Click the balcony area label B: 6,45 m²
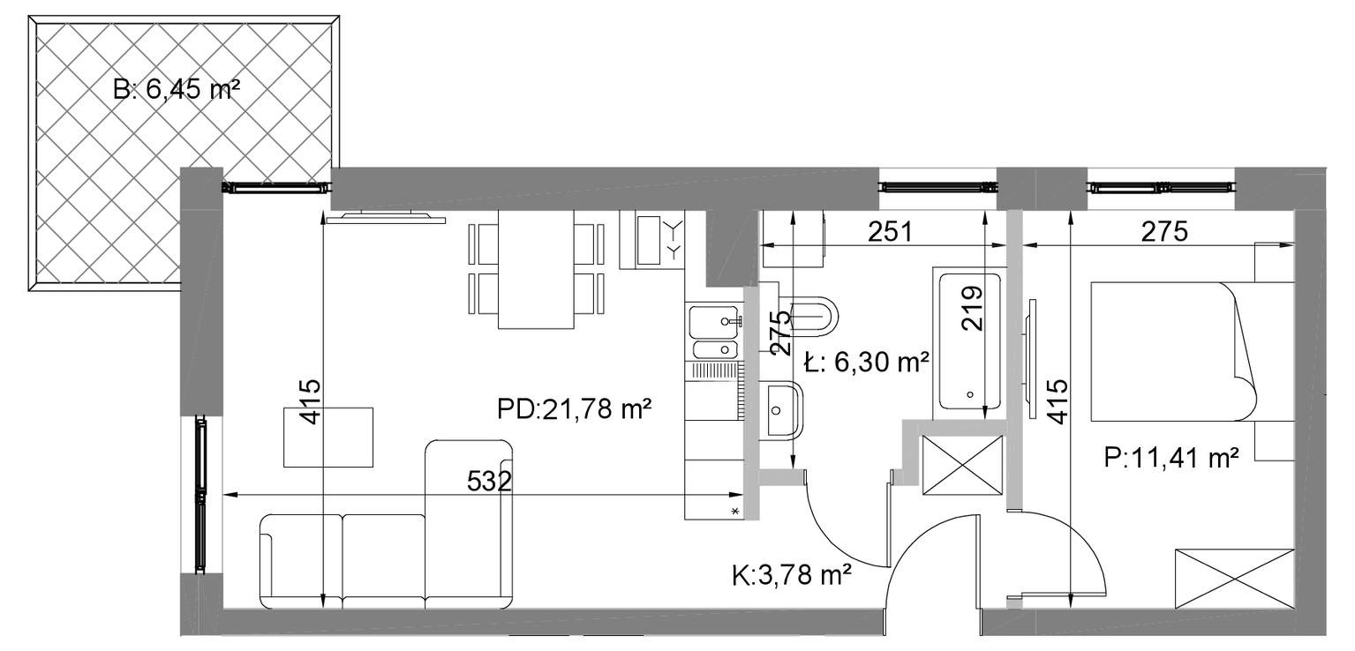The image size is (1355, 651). click(x=176, y=90)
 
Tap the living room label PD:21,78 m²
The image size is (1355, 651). click(x=574, y=409)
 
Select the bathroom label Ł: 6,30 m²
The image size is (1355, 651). click(x=867, y=362)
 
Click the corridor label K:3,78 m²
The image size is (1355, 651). click(x=792, y=575)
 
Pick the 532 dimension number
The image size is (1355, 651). click(x=489, y=481)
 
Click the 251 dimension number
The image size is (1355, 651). click(x=890, y=231)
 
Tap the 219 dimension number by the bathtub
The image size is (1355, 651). click(x=973, y=308)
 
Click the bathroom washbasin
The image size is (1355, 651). click(x=781, y=411)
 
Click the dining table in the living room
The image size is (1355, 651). click(x=536, y=269)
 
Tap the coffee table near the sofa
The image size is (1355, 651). click(x=328, y=437)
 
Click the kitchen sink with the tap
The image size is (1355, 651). click(x=715, y=322)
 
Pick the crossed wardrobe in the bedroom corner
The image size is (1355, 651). click(x=1235, y=579)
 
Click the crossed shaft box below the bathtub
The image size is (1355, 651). click(x=962, y=466)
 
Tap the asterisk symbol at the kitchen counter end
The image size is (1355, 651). click(x=735, y=512)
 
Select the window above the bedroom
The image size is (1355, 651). click(x=1161, y=187)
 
